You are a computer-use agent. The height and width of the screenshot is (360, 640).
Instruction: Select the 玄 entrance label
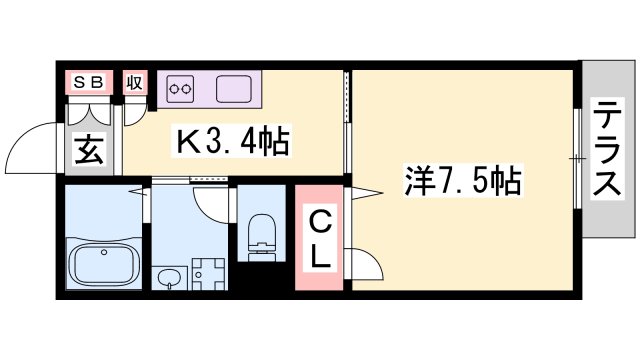pyautogui.click(x=88, y=152)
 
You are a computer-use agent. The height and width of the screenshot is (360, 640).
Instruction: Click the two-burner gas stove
pyautogui.click(x=181, y=88)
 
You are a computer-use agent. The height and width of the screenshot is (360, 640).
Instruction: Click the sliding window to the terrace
pyautogui.click(x=577, y=158)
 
